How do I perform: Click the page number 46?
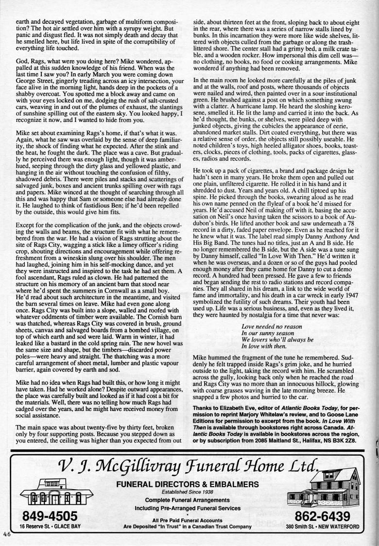pos(7,533)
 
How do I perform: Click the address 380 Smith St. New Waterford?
pos(323,527)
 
